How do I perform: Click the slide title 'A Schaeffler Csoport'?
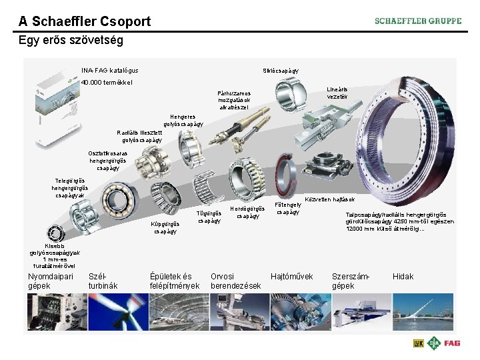point(85,21)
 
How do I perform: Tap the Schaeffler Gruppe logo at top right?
point(417,21)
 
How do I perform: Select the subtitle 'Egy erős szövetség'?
point(71,41)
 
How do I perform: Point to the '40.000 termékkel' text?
point(107,83)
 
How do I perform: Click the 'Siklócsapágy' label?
point(281,70)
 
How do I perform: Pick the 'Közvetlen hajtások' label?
point(330,199)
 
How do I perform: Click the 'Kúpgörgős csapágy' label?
point(165,227)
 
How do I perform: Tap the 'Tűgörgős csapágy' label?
point(209,217)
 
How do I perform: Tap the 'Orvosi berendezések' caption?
point(235,281)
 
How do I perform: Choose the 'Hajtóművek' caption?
point(291,276)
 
